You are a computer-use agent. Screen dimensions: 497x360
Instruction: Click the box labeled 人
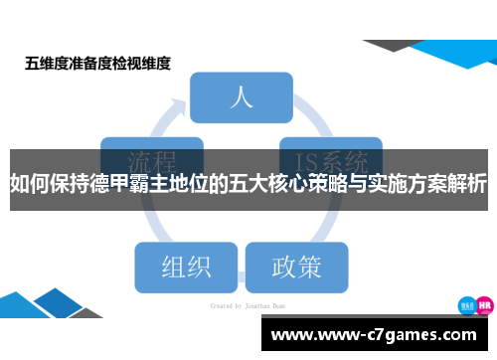242,97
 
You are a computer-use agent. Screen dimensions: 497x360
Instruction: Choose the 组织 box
186,267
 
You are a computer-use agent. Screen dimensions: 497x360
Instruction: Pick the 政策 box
296,267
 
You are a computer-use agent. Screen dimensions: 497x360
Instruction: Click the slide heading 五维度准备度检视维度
98,64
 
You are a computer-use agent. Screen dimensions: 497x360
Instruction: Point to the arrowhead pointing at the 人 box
181,102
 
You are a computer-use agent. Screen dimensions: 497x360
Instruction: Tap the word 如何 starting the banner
27,185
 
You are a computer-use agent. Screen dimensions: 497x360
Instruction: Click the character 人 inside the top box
242,97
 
